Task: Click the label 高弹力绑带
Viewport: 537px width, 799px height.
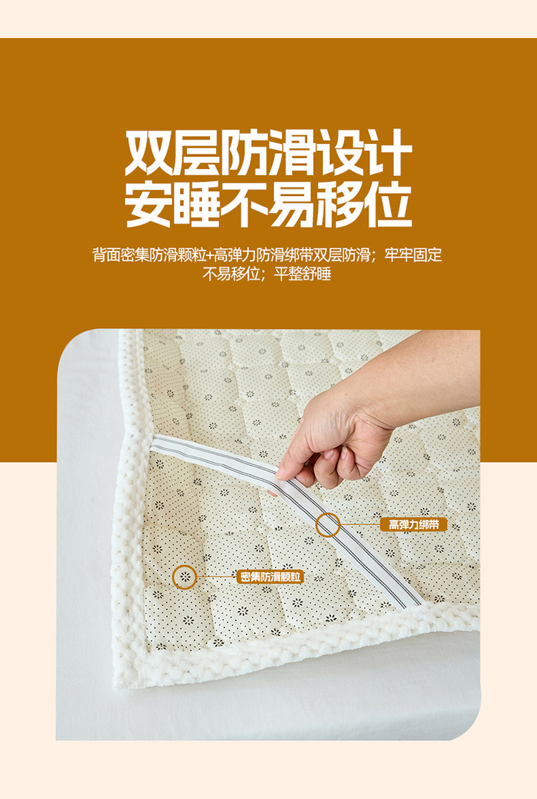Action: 413,524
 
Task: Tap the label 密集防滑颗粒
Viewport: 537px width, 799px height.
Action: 270,577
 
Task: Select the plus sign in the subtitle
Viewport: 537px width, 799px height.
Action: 210,255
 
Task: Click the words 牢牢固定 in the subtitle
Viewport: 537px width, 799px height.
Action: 414,255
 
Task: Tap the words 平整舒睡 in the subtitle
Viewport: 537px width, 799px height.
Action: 303,274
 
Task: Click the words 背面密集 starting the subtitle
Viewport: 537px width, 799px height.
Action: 121,255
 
